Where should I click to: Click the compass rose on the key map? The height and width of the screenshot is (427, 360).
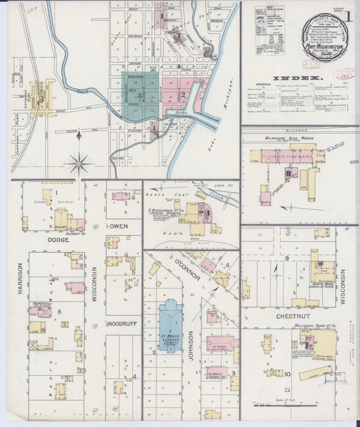tap(80, 163)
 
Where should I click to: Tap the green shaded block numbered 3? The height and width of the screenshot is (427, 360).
tap(140, 95)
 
